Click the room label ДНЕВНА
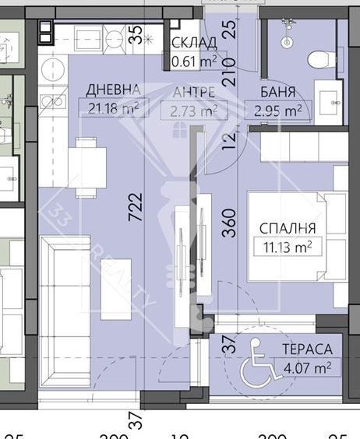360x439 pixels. pos(114,90)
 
